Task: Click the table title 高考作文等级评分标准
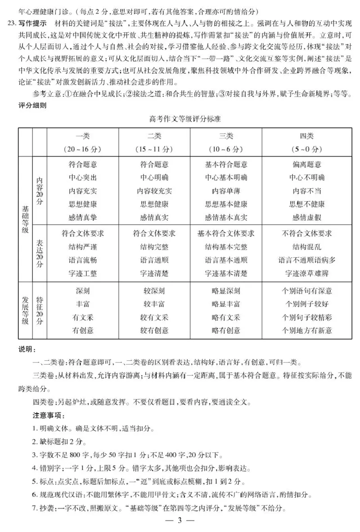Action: click(x=185, y=120)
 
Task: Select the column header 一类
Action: click(x=83, y=136)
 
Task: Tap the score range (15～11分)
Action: click(x=154, y=149)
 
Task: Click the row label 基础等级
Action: click(x=25, y=219)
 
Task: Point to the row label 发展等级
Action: click(x=25, y=310)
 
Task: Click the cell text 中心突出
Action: click(x=83, y=177)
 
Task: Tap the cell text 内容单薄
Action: click(x=226, y=191)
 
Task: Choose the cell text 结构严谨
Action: click(x=83, y=246)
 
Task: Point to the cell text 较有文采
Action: click(x=154, y=317)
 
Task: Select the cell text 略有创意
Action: click(x=226, y=331)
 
